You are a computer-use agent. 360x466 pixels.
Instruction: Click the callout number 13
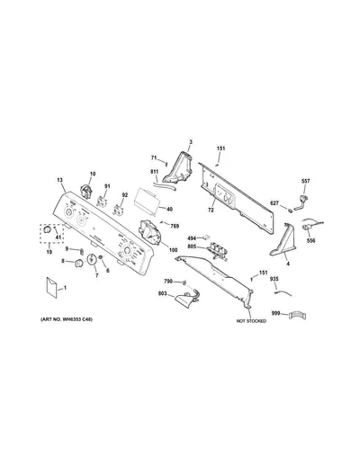coord(59,180)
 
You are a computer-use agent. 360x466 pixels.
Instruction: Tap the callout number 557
coord(306,181)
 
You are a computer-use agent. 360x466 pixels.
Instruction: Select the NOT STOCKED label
coord(251,321)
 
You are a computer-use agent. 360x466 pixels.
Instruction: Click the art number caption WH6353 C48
coord(67,319)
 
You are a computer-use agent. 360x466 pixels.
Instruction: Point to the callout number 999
coord(275,313)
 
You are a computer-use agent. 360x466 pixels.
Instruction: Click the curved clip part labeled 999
coord(297,316)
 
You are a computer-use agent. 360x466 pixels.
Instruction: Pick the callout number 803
coord(162,293)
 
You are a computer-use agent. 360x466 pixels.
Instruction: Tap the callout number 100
coord(173,250)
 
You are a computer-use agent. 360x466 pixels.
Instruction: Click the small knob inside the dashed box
coord(47,229)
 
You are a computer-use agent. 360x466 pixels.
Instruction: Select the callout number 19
coord(49,252)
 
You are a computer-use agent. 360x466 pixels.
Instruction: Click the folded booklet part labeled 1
coord(51,288)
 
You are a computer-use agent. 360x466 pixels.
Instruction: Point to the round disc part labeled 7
coord(91,259)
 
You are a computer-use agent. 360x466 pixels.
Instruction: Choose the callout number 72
coord(211,211)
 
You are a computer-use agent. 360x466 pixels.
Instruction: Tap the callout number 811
coord(154,172)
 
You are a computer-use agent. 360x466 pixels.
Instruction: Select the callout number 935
coord(274,279)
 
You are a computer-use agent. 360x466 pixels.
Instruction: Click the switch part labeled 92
coord(118,210)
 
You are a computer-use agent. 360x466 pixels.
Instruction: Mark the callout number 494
coord(192,238)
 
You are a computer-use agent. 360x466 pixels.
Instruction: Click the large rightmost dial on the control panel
coord(126,250)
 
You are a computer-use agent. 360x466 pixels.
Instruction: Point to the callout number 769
coord(175,226)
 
